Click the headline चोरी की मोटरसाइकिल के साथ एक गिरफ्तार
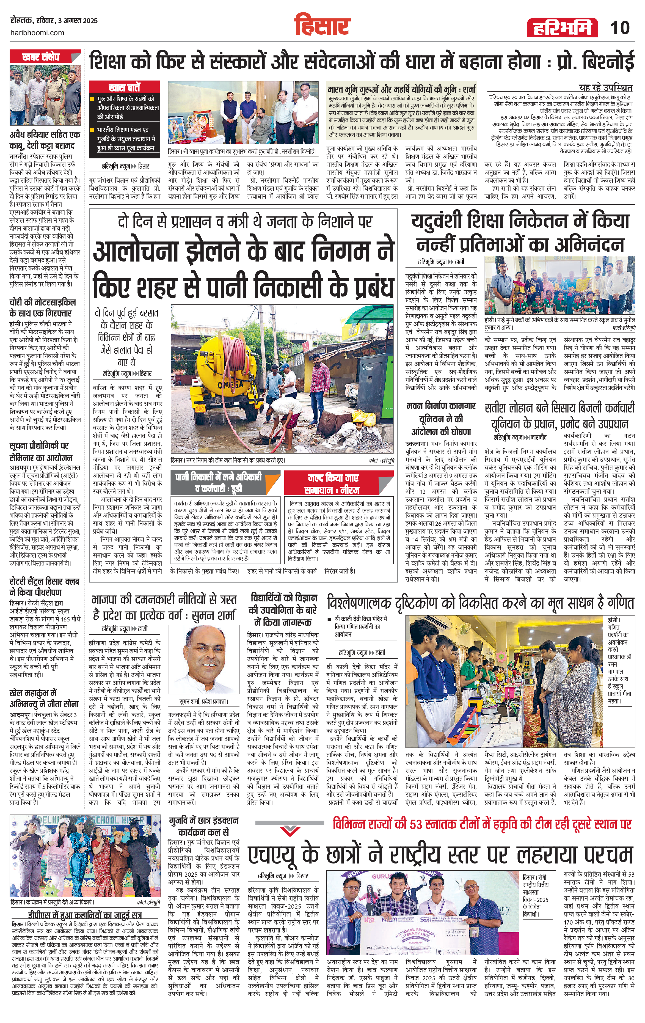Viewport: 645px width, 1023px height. (42, 307)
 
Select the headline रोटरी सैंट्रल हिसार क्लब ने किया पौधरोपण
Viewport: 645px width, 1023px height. (44, 586)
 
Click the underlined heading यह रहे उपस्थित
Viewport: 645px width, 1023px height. (605, 88)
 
